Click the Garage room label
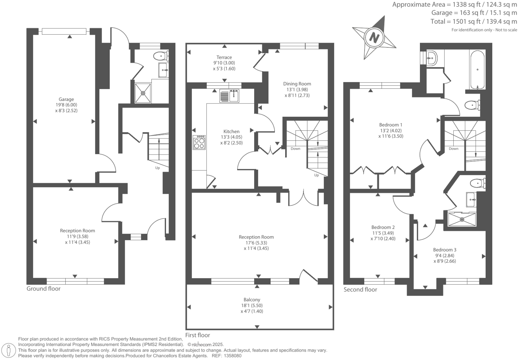(66, 99)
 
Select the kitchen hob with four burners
(199, 142)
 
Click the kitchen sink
(229, 95)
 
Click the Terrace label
(224, 57)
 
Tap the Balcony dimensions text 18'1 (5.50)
(252, 305)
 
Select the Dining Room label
(297, 84)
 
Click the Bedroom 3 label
(445, 250)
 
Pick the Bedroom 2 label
(383, 227)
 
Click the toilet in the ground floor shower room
(161, 55)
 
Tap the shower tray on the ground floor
(143, 93)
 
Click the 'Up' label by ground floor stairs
(157, 168)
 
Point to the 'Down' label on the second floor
(453, 149)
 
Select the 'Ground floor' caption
(43, 289)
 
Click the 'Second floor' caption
(360, 290)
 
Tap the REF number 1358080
(232, 356)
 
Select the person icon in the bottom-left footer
(9, 350)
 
